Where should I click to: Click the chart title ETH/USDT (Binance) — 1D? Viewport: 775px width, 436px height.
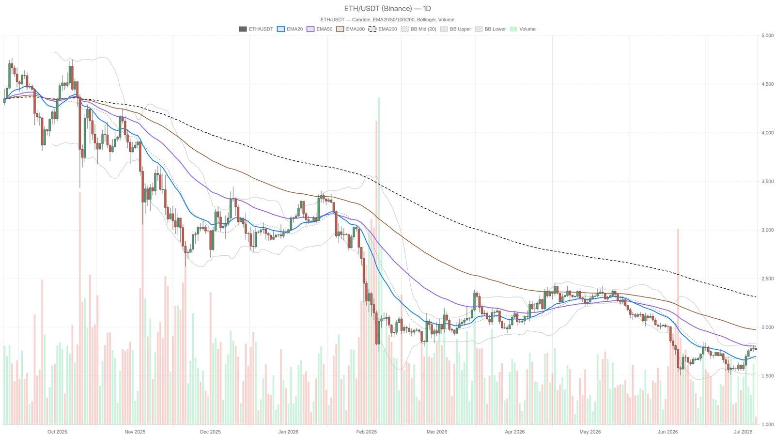(x=387, y=9)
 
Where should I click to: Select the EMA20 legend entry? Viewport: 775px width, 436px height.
(x=290, y=29)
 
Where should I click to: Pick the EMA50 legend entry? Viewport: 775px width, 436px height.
(x=319, y=29)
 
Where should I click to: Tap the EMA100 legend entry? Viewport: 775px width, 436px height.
(x=351, y=29)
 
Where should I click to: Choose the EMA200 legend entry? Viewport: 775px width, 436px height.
(x=383, y=29)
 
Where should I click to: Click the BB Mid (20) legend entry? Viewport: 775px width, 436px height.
(x=418, y=29)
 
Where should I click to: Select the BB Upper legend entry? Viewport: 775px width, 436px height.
(x=456, y=29)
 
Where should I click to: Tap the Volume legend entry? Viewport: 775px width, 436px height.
(x=523, y=29)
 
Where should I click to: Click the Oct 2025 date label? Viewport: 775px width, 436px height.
(x=58, y=432)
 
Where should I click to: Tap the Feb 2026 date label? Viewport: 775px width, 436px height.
(x=366, y=432)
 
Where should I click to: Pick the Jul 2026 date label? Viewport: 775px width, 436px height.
(x=743, y=432)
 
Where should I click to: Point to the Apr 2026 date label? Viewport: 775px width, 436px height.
(x=514, y=432)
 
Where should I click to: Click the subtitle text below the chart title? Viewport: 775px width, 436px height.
(x=387, y=20)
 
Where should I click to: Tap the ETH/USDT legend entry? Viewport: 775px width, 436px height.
(x=256, y=29)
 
